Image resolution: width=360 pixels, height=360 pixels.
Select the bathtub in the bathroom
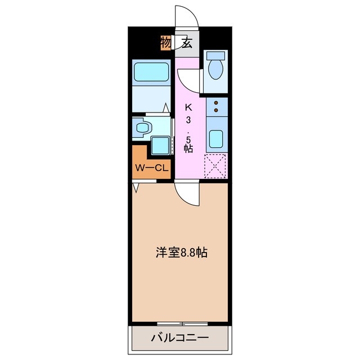pyautogui.click(x=151, y=73)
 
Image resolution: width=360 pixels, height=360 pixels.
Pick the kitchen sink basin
pyautogui.click(x=217, y=138)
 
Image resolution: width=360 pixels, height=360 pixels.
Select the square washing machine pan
pyautogui.click(x=160, y=145)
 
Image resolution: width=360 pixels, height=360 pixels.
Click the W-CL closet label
pyautogui.click(x=151, y=167)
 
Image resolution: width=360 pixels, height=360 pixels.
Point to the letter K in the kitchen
pyautogui.click(x=189, y=107)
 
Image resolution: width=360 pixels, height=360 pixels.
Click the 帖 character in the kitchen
pyautogui.click(x=189, y=148)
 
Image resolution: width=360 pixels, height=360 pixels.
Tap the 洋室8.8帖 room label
pyautogui.click(x=182, y=253)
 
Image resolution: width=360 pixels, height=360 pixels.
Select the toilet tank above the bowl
pyautogui.click(x=215, y=56)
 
